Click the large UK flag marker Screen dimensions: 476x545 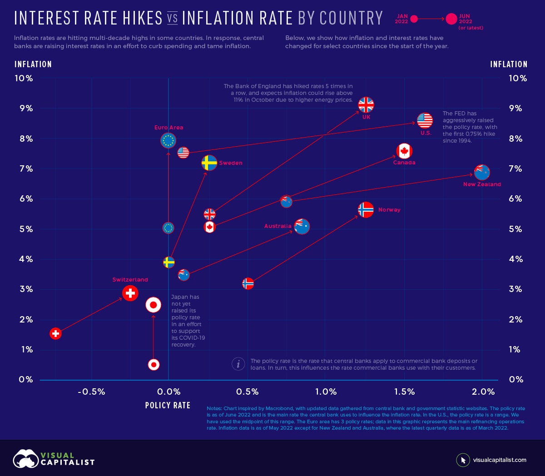point(366,105)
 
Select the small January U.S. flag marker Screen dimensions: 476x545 point(183,153)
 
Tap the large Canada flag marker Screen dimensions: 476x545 point(404,151)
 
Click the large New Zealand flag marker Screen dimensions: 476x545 point(482,172)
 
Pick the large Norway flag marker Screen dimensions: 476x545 point(366,209)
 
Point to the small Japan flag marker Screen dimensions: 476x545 point(154,364)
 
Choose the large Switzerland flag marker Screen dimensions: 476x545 point(130,293)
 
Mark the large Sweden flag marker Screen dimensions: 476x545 point(209,163)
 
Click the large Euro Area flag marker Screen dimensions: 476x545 point(168,140)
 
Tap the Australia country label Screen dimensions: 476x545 point(277,226)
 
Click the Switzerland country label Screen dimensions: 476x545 point(130,280)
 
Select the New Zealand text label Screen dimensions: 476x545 point(482,184)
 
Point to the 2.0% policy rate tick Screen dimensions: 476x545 point(483,392)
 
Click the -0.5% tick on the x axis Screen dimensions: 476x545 point(91,392)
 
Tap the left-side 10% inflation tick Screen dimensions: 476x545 point(24,78)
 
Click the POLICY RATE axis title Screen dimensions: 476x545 point(168,405)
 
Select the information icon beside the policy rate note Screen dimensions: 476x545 point(238,364)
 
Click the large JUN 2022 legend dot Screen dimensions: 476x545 point(451,19)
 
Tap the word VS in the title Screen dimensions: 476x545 point(172,19)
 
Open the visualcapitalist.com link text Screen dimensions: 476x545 point(500,460)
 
